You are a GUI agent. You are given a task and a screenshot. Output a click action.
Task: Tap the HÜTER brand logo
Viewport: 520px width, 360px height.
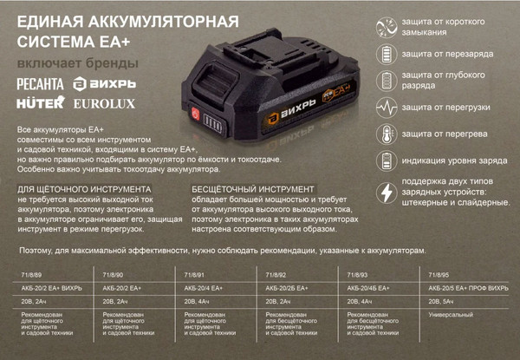[x=40, y=103]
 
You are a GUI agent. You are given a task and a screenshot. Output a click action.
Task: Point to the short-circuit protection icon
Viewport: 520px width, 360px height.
[x=384, y=26]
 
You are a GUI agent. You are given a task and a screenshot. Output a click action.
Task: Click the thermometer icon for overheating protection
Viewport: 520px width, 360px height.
[x=384, y=135]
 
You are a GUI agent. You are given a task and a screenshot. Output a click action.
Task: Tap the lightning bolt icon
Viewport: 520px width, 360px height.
[x=384, y=193]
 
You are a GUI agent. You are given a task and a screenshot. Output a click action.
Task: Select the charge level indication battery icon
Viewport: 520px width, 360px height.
[x=384, y=162]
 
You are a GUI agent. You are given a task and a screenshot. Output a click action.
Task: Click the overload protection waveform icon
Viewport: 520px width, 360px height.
[x=384, y=108]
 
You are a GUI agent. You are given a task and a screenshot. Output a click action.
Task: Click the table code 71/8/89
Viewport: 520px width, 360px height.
[x=31, y=274]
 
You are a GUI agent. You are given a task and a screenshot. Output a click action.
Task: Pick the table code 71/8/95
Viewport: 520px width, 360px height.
[x=431, y=274]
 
